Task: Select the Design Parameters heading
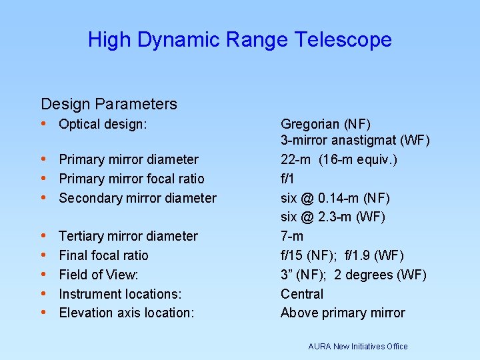tap(109, 104)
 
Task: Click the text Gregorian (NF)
tap(325, 124)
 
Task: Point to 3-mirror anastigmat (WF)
tap(355, 141)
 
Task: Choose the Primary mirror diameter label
tap(129, 159)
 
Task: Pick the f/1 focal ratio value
tap(288, 179)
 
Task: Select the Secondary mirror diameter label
tap(137, 198)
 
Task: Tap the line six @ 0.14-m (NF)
tap(335, 198)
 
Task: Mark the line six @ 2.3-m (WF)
tap(333, 217)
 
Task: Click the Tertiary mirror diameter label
tap(128, 236)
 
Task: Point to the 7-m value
tap(292, 236)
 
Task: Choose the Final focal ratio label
tap(103, 255)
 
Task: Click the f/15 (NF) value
tap(310, 255)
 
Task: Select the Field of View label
tap(99, 275)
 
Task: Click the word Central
tap(302, 294)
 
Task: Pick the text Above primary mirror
tap(343, 313)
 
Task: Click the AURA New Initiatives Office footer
tap(358, 346)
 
